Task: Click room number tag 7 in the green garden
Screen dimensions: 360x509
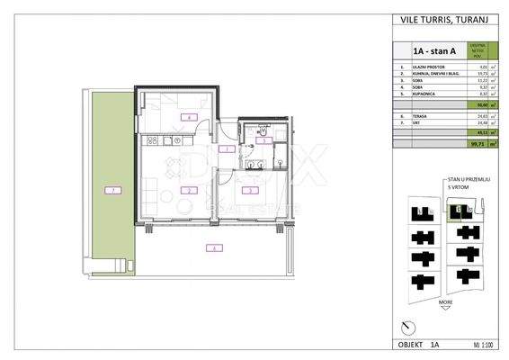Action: coord(112,190)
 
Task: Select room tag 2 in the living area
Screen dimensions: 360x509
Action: coord(187,190)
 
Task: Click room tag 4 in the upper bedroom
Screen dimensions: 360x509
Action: coord(188,118)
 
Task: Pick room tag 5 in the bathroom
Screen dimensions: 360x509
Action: coord(263,139)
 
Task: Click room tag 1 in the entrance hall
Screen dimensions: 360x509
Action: coord(228,148)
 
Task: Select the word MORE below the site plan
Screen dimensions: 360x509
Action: coord(446,303)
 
